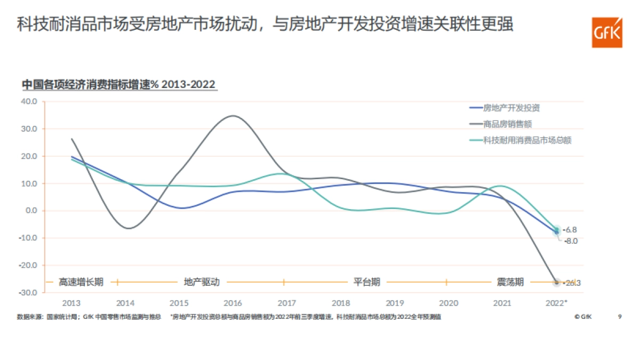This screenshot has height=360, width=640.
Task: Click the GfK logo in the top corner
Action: click(607, 32)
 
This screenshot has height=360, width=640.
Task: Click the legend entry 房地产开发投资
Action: click(511, 108)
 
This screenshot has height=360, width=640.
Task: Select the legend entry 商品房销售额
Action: click(507, 124)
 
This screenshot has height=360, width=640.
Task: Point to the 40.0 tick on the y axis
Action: click(29, 101)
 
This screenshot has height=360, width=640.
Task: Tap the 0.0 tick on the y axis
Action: click(30, 211)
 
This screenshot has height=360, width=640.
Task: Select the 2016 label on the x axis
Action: click(233, 303)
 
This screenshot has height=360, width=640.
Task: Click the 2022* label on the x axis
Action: click(556, 303)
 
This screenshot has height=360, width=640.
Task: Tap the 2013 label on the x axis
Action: click(71, 303)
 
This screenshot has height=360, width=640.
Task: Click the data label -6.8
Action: click(570, 230)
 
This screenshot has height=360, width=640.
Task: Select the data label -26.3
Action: click(571, 283)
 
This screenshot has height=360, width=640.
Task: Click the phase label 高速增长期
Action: click(81, 282)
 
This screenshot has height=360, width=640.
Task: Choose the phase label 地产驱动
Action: click(202, 282)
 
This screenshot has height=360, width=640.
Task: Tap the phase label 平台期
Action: click(367, 282)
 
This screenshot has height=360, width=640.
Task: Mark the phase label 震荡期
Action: click(510, 282)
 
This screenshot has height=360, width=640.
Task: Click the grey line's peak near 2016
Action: click(234, 116)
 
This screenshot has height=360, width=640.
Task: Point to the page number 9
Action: click(620, 317)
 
